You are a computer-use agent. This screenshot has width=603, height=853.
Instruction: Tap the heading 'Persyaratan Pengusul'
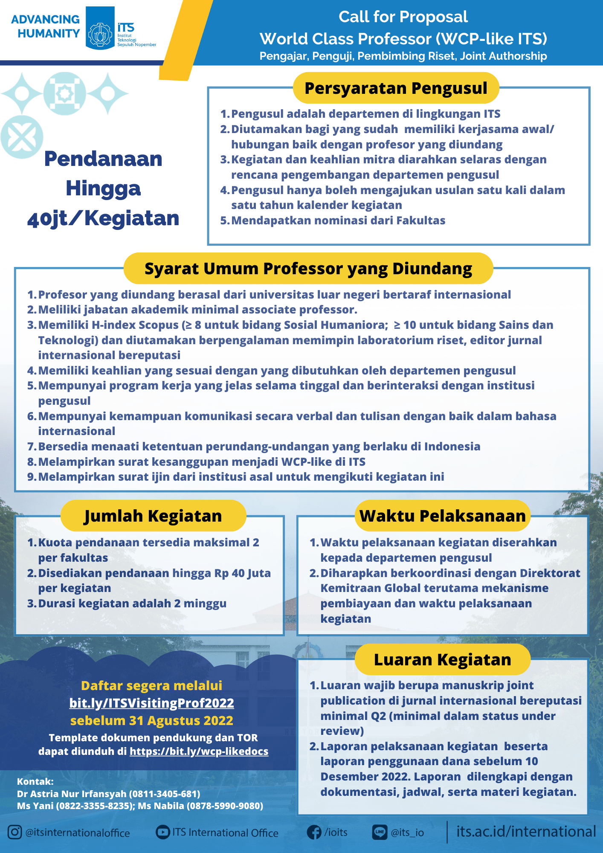click(396, 88)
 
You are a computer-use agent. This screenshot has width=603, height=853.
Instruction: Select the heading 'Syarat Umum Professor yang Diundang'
click(308, 269)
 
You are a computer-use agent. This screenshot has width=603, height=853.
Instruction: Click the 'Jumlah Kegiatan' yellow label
click(153, 516)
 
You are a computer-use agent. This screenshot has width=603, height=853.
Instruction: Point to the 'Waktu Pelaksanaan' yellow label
click(442, 516)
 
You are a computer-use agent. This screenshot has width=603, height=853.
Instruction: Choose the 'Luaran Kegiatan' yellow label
click(442, 659)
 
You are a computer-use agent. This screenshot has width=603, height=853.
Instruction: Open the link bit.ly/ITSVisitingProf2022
click(151, 703)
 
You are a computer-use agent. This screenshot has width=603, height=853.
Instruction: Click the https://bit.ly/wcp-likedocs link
click(199, 751)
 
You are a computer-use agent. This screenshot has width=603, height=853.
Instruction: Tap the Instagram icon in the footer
click(14, 832)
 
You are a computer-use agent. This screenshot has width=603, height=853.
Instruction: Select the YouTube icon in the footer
click(162, 832)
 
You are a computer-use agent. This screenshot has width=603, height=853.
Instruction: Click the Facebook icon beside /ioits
click(314, 832)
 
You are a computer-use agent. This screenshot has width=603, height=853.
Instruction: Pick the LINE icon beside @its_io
click(380, 832)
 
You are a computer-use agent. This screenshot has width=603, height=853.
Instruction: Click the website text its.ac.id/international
click(526, 831)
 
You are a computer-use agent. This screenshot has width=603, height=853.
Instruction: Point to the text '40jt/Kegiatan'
click(103, 218)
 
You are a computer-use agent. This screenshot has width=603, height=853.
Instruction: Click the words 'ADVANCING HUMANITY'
click(46, 26)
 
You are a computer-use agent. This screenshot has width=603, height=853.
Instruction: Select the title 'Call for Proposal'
click(403, 17)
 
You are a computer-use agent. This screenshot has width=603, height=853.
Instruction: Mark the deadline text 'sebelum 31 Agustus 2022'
click(151, 720)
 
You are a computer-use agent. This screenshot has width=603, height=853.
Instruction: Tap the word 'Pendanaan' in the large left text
click(103, 159)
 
